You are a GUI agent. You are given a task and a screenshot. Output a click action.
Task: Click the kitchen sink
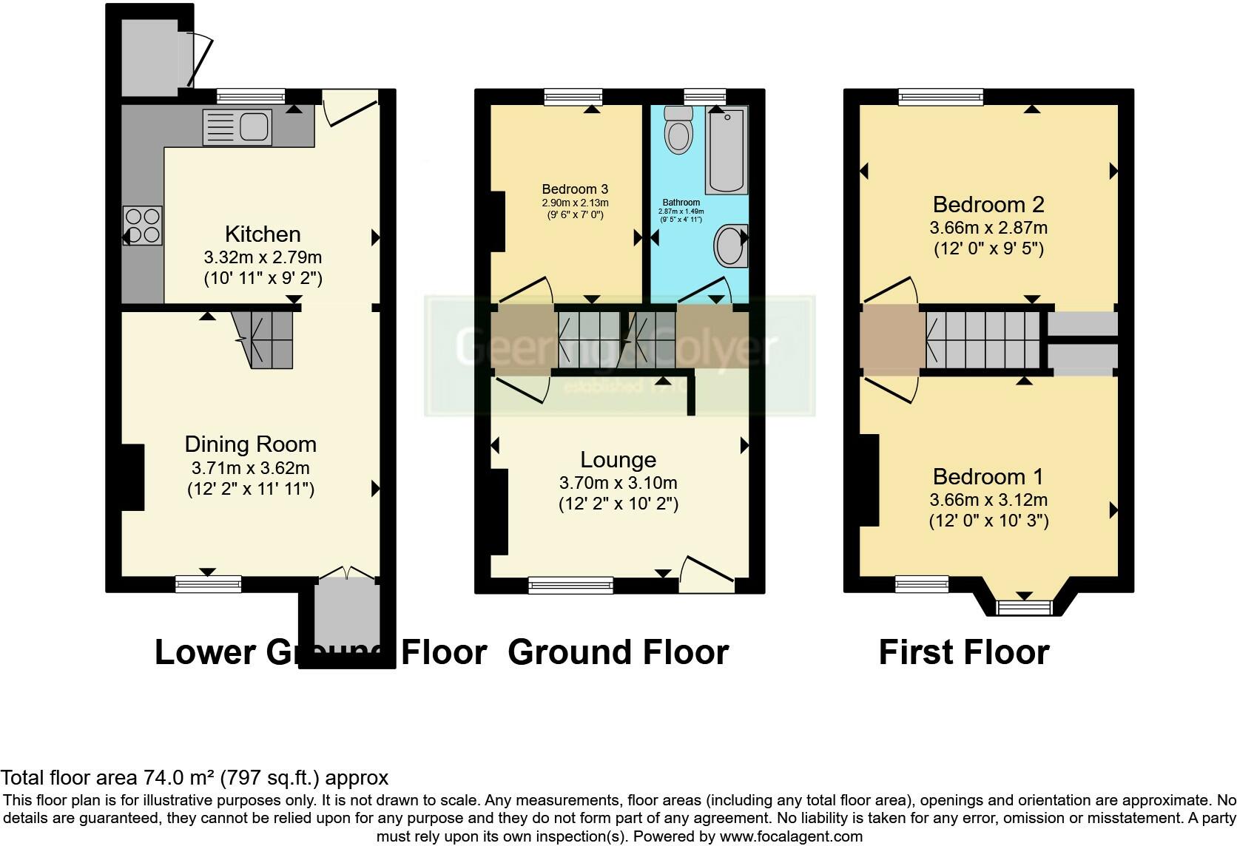pyautogui.click(x=237, y=127)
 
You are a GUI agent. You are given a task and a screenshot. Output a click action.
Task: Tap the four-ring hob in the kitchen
pyautogui.click(x=143, y=225)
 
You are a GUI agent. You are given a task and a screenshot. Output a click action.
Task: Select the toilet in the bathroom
pyautogui.click(x=677, y=131)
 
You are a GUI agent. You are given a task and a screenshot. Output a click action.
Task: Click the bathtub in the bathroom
pyautogui.click(x=727, y=149)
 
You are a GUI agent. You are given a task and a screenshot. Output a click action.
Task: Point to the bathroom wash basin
pyautogui.click(x=731, y=246)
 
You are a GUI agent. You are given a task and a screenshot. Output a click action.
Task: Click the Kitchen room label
pyautogui.click(x=263, y=234)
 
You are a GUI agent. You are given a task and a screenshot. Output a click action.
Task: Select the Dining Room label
pyautogui.click(x=250, y=444)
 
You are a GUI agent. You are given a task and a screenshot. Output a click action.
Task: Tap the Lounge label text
pyautogui.click(x=618, y=459)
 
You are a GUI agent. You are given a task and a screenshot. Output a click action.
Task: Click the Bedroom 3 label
pyautogui.click(x=575, y=189)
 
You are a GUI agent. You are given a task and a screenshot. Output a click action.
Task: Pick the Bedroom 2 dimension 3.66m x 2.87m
pyautogui.click(x=988, y=228)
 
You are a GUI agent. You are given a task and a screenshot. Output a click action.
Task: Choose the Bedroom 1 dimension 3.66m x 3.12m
pyautogui.click(x=988, y=500)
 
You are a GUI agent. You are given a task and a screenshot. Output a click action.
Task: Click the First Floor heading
pyautogui.click(x=964, y=652)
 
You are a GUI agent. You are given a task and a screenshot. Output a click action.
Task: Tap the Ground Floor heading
pyautogui.click(x=618, y=652)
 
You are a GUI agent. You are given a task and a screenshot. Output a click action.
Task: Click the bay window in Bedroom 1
pyautogui.click(x=1025, y=607)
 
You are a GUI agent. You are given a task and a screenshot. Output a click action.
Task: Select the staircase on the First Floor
pyautogui.click(x=982, y=339)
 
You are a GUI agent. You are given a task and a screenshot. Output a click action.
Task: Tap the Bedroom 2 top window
pyautogui.click(x=940, y=96)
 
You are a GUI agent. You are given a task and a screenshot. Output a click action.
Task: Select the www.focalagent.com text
pyautogui.click(x=791, y=836)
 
